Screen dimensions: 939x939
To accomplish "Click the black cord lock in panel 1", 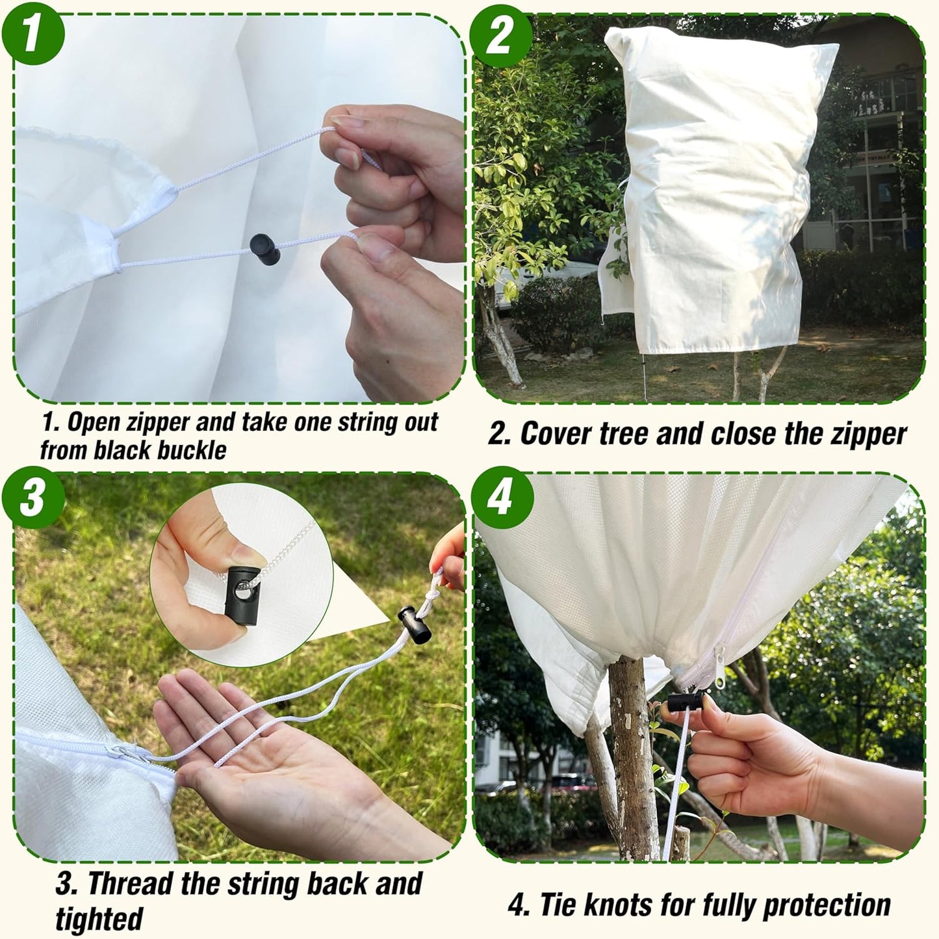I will (x=264, y=249).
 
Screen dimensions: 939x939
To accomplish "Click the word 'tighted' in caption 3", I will (x=98, y=918).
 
